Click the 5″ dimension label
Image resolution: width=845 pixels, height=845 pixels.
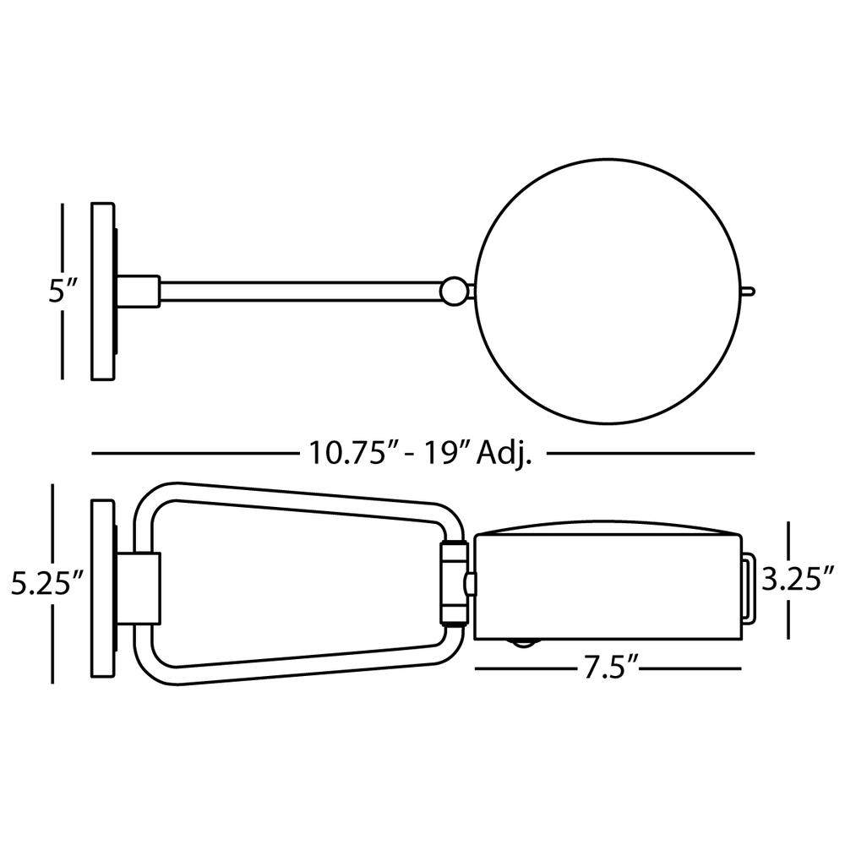[63, 291]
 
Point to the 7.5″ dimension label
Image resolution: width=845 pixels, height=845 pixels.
[608, 668]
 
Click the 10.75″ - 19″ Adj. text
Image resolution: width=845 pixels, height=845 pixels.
[421, 453]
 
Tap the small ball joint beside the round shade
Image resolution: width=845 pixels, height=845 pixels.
[455, 292]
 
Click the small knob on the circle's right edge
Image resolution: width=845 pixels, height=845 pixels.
[749, 292]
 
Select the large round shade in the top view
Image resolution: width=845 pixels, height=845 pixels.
[608, 292]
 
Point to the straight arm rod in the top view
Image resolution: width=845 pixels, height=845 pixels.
[302, 292]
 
